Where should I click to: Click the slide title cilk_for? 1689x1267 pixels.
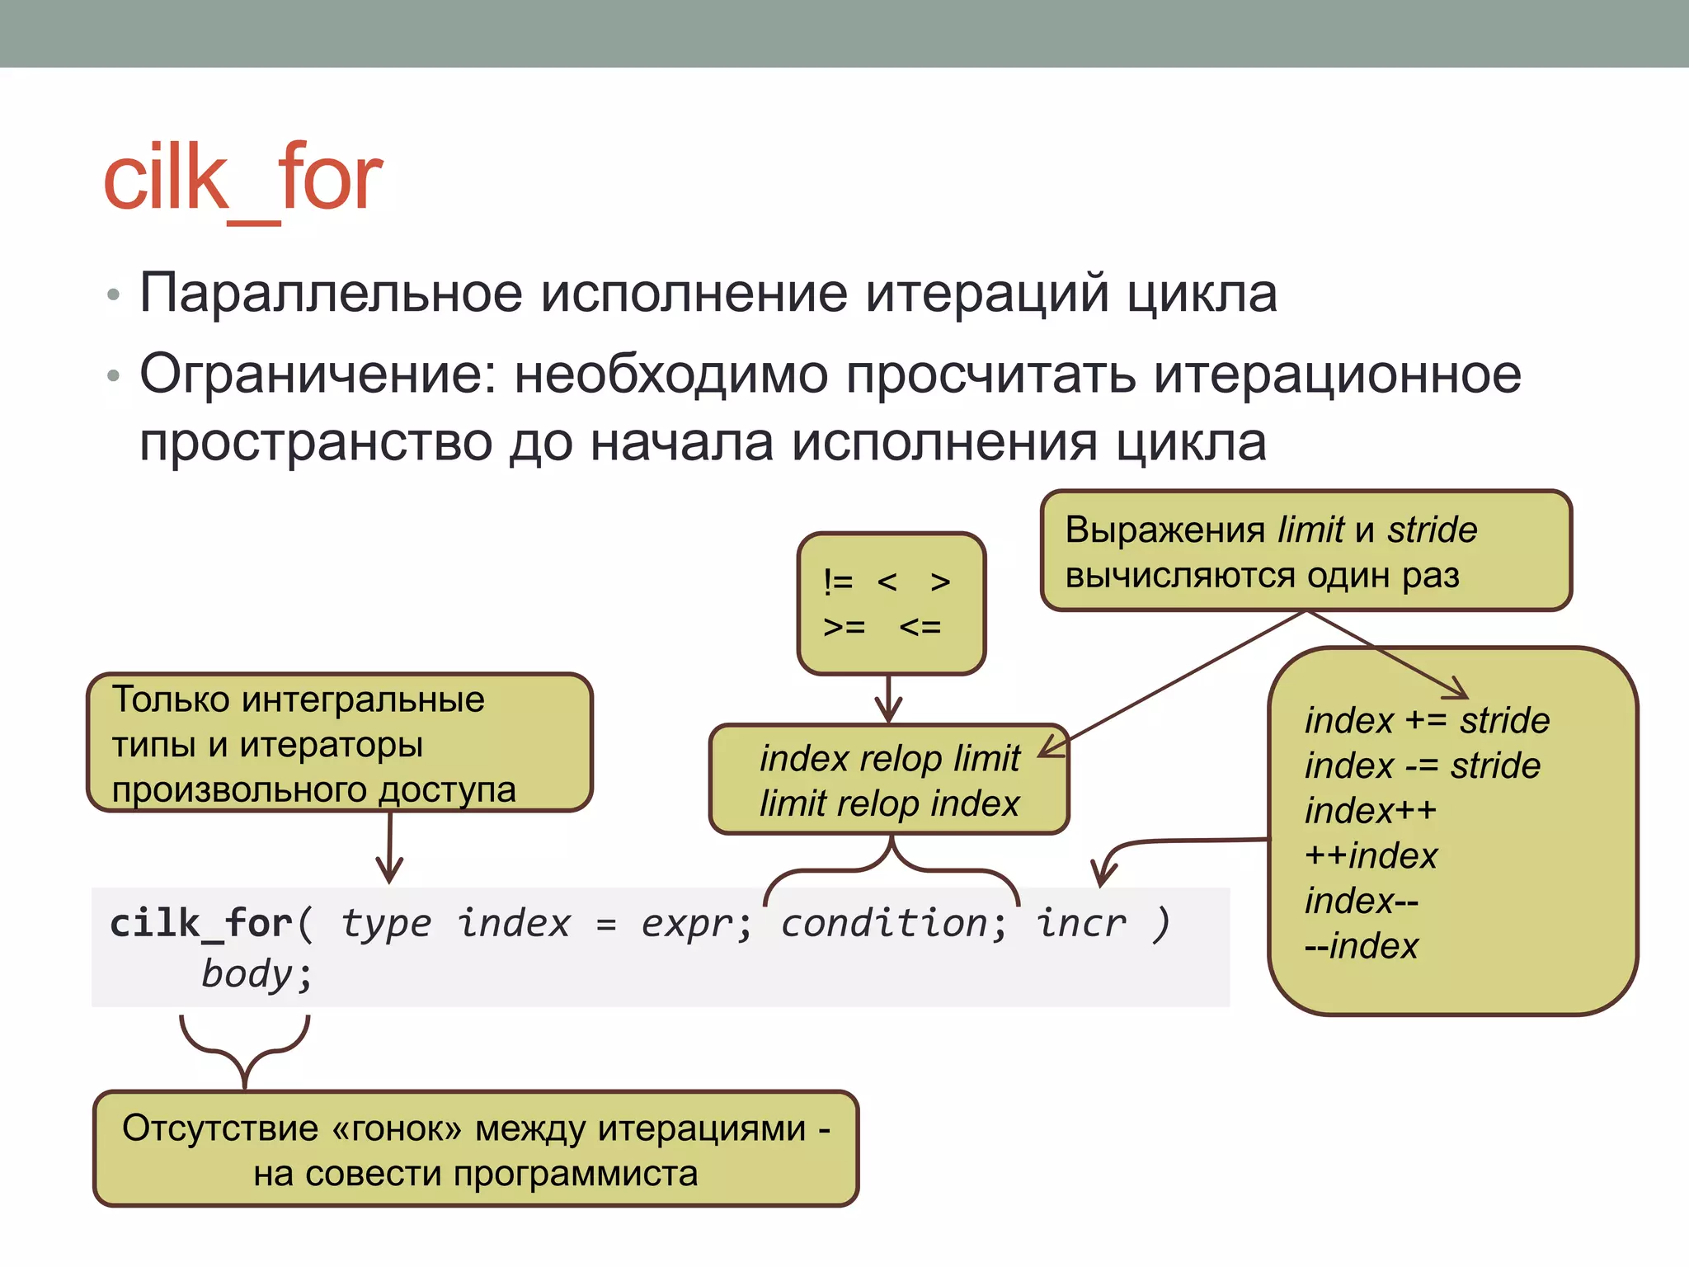click(242, 178)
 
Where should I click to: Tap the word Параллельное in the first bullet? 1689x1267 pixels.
click(331, 293)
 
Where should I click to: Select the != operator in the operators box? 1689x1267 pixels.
click(838, 582)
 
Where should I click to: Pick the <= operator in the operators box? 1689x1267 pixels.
click(920, 628)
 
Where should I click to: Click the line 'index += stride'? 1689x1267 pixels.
click(1427, 721)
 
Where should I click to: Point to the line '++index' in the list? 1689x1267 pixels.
click(1371, 856)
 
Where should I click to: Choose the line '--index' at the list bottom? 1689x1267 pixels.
click(1361, 946)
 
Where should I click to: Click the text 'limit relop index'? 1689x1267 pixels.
click(889, 803)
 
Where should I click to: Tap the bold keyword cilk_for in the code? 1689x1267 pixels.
click(201, 923)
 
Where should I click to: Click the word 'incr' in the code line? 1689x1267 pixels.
click(1080, 923)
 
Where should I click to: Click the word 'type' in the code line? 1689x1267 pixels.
click(386, 923)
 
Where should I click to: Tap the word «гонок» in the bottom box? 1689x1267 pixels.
click(396, 1128)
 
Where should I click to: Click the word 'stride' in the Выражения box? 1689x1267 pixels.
click(1432, 530)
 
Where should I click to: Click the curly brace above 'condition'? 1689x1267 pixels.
click(892, 866)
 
